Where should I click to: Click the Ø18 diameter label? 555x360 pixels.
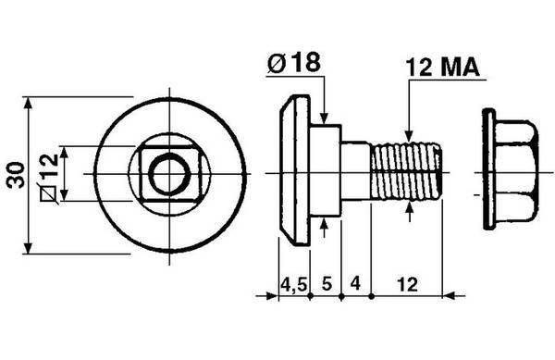click(294, 62)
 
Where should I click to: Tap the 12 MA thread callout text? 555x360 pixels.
click(442, 68)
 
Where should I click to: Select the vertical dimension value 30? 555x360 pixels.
click(16, 175)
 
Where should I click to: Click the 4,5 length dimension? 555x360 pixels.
click(294, 285)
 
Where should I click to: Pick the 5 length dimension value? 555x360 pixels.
click(327, 283)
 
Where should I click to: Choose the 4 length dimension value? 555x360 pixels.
click(355, 283)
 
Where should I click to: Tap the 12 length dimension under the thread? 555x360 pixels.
click(407, 284)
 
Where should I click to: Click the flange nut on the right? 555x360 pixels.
click(511, 169)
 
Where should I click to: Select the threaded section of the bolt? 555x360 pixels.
click(406, 172)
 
